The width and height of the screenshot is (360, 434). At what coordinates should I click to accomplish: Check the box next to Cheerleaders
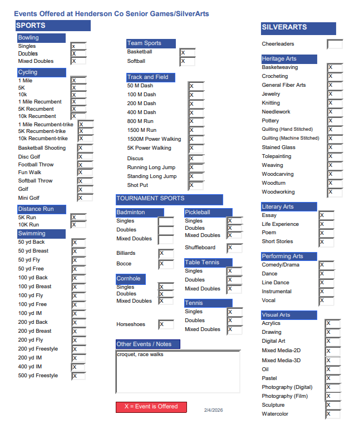334,44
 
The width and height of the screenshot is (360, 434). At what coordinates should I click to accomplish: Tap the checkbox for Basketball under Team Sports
187,52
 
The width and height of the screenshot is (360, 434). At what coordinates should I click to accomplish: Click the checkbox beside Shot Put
196,185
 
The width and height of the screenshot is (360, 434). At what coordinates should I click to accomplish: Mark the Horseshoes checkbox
166,324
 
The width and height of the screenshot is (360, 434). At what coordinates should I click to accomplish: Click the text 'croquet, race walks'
140,354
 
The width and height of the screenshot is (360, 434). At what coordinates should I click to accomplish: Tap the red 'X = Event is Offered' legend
151,407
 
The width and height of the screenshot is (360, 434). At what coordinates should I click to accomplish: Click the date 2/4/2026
213,410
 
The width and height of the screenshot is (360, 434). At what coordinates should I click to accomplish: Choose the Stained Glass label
279,147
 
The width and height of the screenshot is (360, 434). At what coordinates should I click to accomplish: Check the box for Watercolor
332,414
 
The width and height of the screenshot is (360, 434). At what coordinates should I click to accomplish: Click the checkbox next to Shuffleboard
234,248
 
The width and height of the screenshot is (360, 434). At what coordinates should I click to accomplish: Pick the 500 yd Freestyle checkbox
78,376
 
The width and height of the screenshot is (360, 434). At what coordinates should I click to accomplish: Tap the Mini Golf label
29,198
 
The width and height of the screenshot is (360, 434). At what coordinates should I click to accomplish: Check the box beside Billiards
166,254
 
